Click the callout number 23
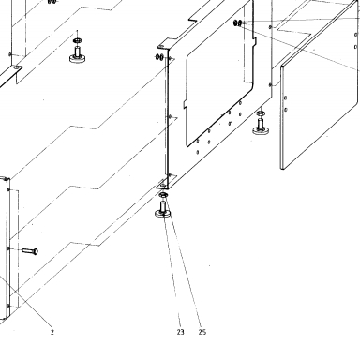(x=180, y=332)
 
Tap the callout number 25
(x=202, y=332)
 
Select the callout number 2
(x=52, y=332)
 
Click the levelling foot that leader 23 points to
(x=162, y=210)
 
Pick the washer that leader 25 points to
(x=163, y=195)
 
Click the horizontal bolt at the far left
(x=30, y=250)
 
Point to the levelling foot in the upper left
(x=78, y=54)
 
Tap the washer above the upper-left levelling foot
(x=77, y=40)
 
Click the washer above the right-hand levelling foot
(x=261, y=112)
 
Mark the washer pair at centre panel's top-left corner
(x=159, y=57)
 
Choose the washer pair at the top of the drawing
(x=238, y=22)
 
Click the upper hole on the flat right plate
(x=285, y=98)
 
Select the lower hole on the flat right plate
(x=286, y=110)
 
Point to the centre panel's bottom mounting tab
(x=162, y=185)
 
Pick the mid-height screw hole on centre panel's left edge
(x=170, y=116)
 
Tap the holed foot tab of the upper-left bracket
(x=16, y=67)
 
